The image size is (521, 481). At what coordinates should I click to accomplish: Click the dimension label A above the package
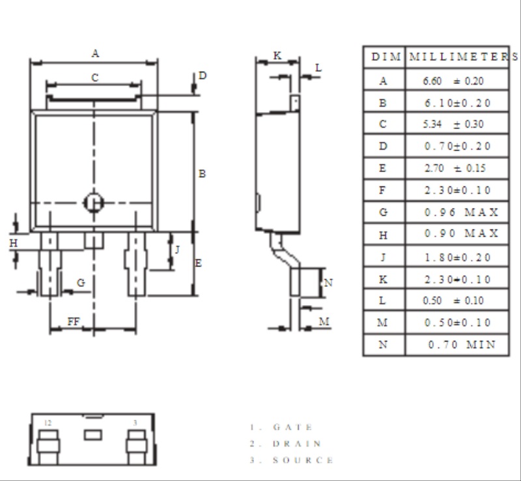tap(95, 53)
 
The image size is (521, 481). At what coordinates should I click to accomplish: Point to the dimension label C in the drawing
tap(95, 78)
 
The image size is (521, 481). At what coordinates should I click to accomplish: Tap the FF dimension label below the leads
tap(74, 322)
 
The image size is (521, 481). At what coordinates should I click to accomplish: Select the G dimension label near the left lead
tap(81, 283)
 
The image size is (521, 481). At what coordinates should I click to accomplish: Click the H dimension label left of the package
tap(13, 244)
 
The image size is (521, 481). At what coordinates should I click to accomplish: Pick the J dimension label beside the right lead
tap(177, 250)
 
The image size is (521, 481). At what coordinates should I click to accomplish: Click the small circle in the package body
tap(94, 203)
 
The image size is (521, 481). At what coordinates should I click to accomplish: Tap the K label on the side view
tap(277, 55)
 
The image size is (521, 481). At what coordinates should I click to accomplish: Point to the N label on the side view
tap(328, 283)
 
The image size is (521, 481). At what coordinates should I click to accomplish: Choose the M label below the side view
tap(324, 322)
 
